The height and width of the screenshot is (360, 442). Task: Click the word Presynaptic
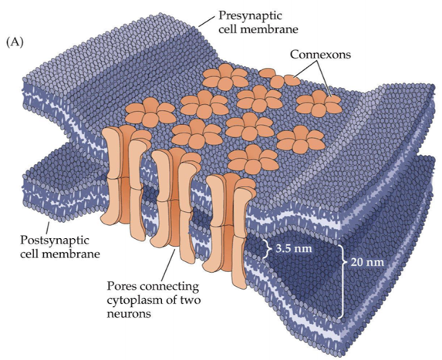point(251,15)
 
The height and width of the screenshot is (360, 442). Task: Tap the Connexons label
point(320,54)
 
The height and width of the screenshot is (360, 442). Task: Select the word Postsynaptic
point(55,241)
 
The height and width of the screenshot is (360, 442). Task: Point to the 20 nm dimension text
point(367,262)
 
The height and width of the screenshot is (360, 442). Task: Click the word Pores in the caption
point(122,287)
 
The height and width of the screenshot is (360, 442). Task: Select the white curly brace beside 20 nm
point(344,281)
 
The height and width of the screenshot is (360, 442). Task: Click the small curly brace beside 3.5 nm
point(266,248)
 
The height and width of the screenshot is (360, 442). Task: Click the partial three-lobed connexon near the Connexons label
point(279,78)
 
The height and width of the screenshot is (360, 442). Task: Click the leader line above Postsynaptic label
point(48,227)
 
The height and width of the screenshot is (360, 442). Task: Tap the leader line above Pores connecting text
point(170,263)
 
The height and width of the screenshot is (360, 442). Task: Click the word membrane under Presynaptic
point(272,29)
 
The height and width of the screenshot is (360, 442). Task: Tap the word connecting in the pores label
point(170,288)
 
